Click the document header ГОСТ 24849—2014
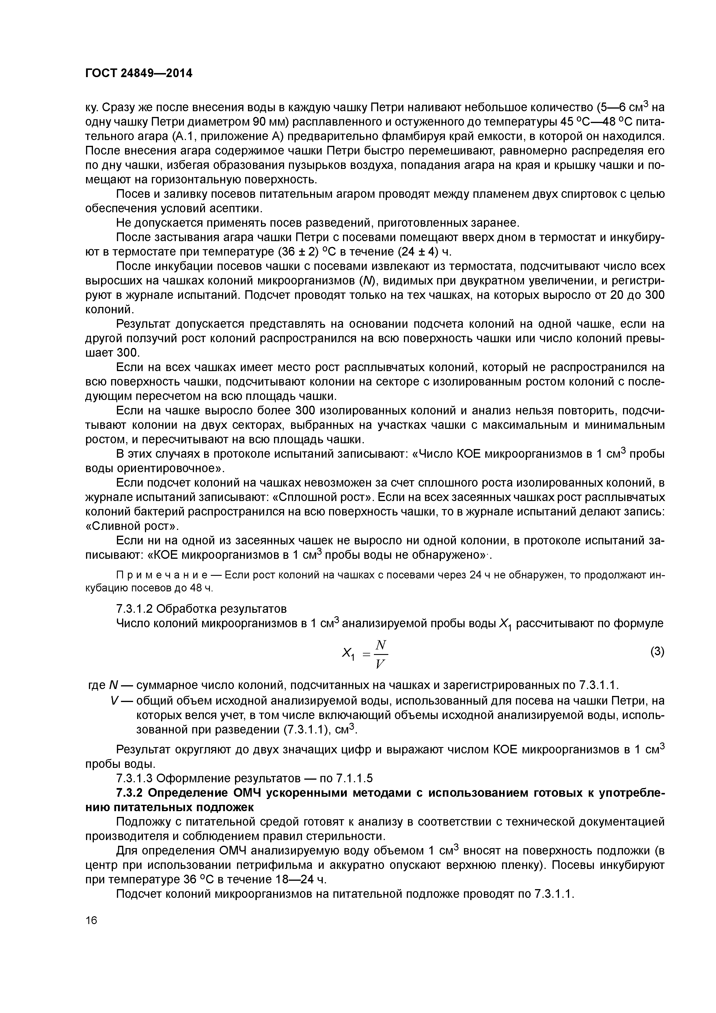pyautogui.click(x=139, y=73)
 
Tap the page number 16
pyautogui.click(x=91, y=920)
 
